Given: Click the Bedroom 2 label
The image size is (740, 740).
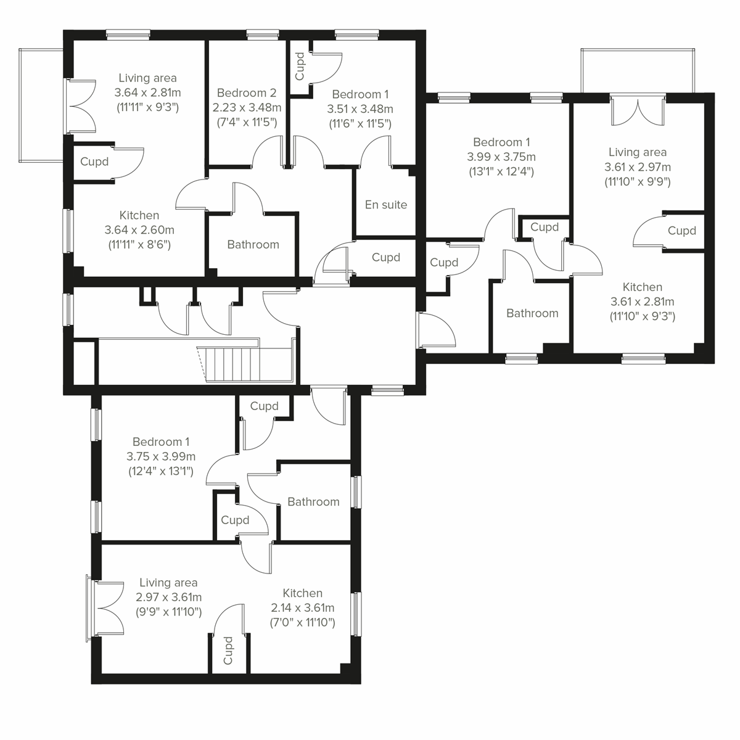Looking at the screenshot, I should [247, 93].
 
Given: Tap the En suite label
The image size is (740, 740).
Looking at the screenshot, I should [386, 205].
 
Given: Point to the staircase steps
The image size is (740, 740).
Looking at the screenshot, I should [244, 364].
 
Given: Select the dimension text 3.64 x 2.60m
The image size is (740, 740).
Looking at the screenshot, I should [139, 230].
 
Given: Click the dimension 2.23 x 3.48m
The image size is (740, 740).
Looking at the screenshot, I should [247, 107].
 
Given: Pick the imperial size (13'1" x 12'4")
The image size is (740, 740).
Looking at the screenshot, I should [502, 171].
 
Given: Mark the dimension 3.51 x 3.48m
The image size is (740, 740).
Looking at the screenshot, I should [360, 109].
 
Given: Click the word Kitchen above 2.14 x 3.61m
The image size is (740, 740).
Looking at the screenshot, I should [303, 593].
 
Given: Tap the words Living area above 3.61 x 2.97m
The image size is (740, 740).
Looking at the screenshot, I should [638, 152].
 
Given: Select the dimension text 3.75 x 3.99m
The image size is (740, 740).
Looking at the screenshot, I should [161, 456].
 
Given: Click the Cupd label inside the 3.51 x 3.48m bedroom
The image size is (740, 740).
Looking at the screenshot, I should [300, 67].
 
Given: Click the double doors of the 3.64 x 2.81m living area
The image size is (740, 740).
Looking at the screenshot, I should [81, 105].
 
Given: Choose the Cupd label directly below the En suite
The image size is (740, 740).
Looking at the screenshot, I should [386, 257].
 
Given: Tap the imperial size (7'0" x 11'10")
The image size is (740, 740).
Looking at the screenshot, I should [303, 622].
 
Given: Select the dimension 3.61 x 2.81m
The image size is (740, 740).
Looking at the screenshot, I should [643, 302].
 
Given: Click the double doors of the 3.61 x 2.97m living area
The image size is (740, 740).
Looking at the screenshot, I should [638, 110].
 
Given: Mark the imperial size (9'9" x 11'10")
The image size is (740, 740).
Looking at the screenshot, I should [168, 612].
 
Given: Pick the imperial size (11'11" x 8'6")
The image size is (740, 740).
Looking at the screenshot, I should [139, 244].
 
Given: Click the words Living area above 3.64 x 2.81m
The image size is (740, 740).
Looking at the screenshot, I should [147, 78].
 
